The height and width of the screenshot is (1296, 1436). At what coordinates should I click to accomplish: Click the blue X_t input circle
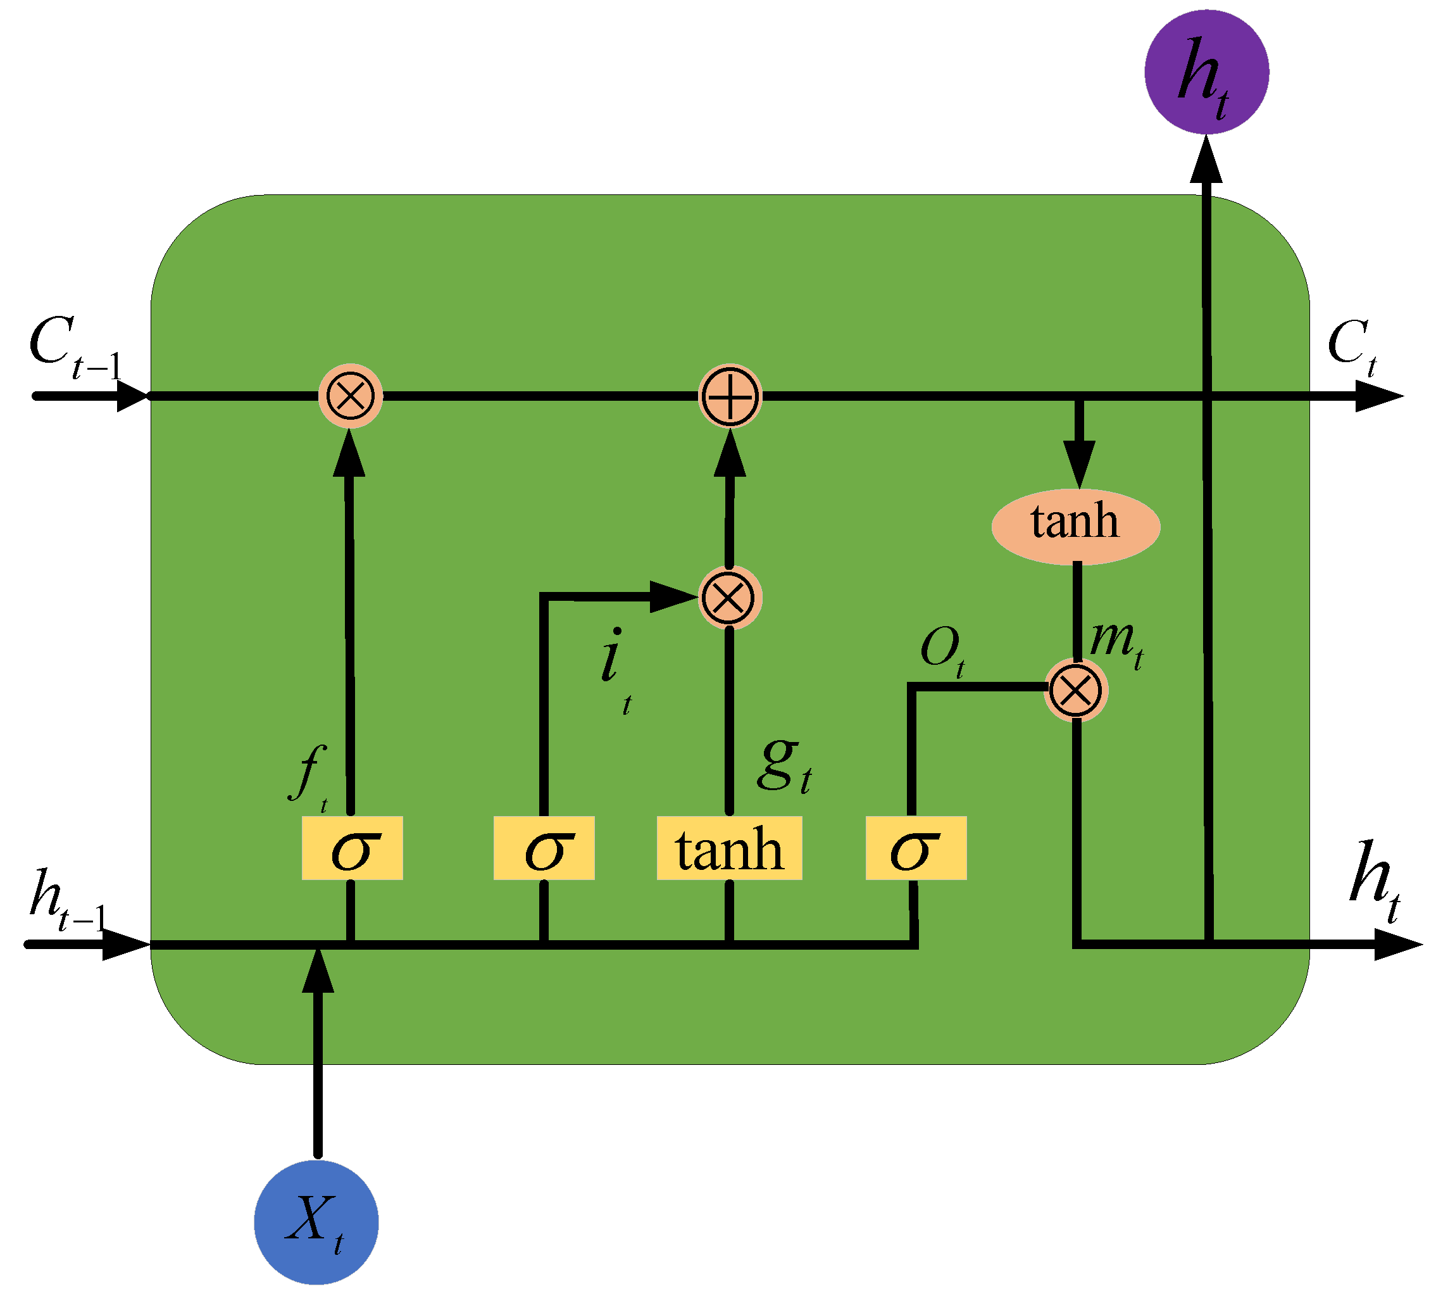(x=316, y=1223)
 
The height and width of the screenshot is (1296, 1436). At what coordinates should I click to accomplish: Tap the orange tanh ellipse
(x=1075, y=527)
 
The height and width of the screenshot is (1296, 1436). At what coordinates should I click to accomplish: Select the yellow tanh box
(x=729, y=848)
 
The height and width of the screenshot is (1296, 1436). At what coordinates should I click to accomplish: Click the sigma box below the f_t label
(x=352, y=848)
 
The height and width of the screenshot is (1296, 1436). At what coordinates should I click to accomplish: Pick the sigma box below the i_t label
(x=543, y=848)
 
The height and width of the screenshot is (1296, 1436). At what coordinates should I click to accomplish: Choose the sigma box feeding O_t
(x=916, y=848)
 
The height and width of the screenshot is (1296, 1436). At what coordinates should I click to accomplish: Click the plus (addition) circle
(x=730, y=396)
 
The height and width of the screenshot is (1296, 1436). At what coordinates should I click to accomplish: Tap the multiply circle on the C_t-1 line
(x=350, y=396)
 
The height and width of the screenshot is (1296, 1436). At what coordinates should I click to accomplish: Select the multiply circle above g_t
(x=729, y=598)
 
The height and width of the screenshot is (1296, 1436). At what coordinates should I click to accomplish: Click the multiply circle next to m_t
(x=1075, y=690)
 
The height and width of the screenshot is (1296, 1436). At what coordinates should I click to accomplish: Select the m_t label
(x=1116, y=643)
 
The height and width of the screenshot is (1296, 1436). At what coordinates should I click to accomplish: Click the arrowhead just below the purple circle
(x=1206, y=161)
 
